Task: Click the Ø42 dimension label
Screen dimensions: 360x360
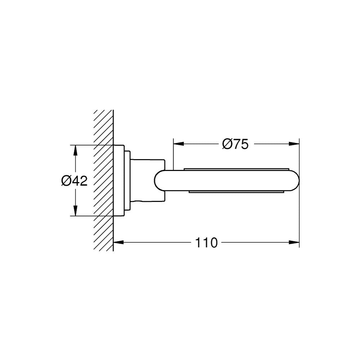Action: (x=75, y=181)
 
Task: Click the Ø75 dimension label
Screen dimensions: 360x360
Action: (x=235, y=144)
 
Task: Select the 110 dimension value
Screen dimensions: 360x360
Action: (x=206, y=242)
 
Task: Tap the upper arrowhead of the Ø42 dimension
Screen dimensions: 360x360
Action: (x=75, y=150)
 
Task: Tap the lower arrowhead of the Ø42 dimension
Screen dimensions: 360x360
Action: (x=75, y=211)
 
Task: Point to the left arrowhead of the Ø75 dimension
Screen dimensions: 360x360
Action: (x=179, y=144)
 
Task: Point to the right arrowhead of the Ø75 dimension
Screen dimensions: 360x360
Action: (x=294, y=144)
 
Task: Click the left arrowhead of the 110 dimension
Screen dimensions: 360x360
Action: (x=119, y=242)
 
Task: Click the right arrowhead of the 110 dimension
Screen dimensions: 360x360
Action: (x=294, y=242)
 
